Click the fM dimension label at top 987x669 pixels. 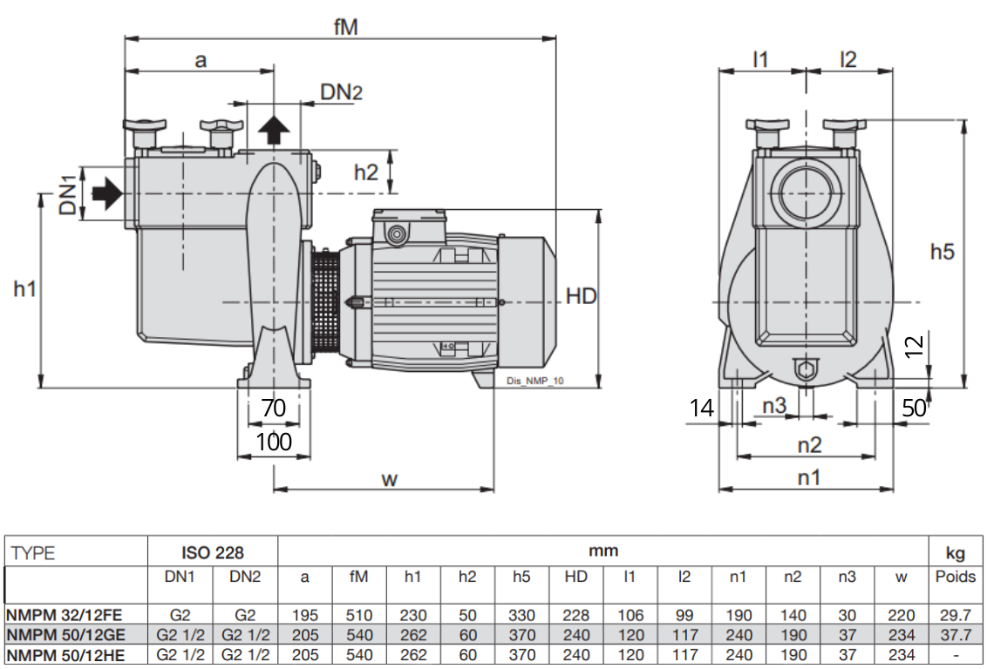(x=345, y=26)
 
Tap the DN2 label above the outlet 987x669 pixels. (x=341, y=92)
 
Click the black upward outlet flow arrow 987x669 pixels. (x=274, y=130)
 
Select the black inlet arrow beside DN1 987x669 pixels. (x=107, y=193)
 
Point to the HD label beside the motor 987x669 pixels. (x=581, y=295)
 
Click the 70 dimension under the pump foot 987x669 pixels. (x=273, y=408)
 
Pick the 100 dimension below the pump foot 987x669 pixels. (x=274, y=442)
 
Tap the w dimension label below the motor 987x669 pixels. (x=390, y=479)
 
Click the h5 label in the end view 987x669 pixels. (x=943, y=252)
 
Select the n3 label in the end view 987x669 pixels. (x=774, y=406)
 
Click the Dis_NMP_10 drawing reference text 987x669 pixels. (x=535, y=381)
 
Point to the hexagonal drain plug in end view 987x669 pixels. (x=806, y=368)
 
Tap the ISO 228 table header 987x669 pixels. (x=213, y=552)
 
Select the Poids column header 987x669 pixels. (x=956, y=577)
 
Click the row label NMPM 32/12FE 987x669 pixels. (x=64, y=615)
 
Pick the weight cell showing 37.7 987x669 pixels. (x=955, y=635)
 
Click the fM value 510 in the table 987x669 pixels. (x=359, y=615)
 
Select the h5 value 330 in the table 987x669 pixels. (x=521, y=615)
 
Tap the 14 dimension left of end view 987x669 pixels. (x=702, y=408)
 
